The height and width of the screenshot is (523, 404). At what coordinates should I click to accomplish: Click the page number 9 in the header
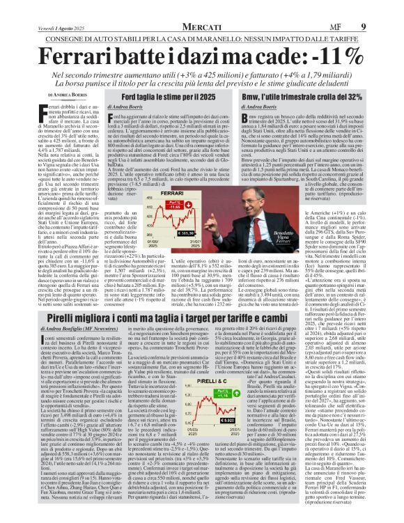click(x=382, y=8)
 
